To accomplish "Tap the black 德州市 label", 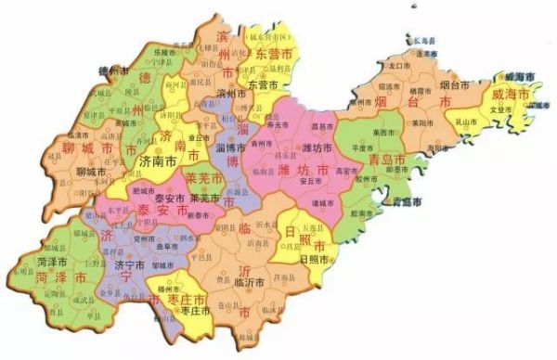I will pos(111,71).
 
